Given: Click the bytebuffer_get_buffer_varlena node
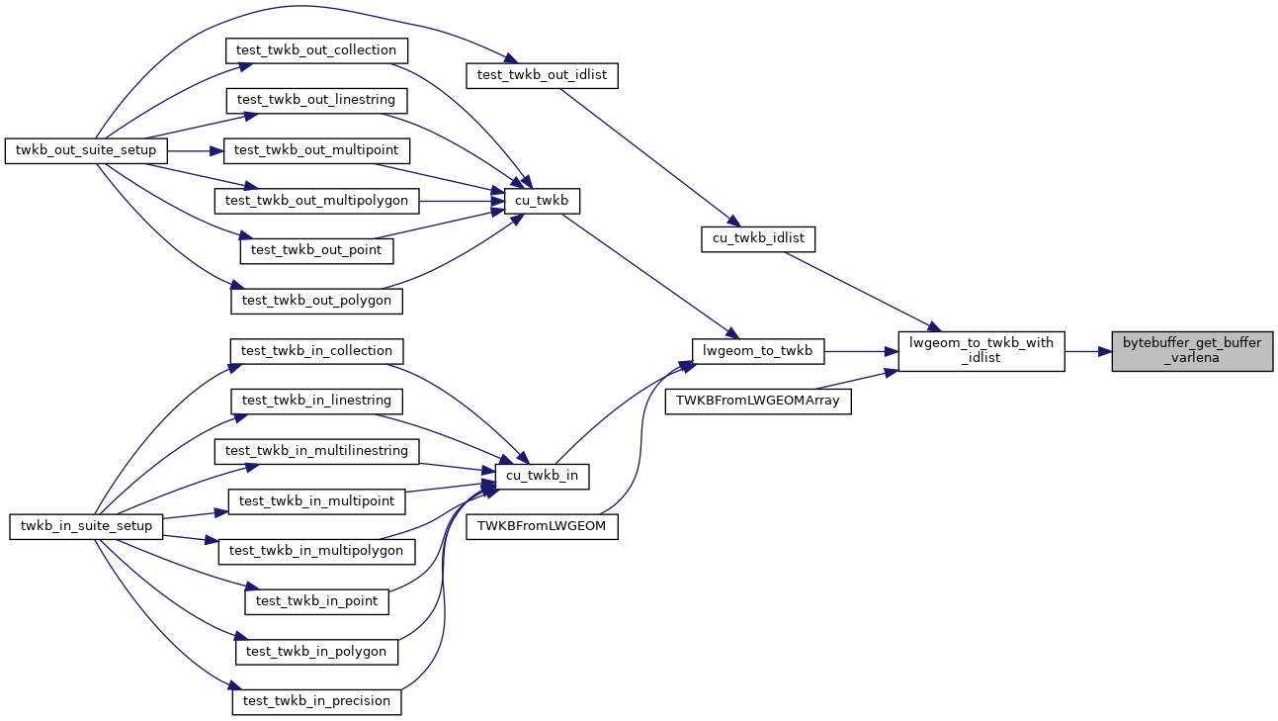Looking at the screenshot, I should point(1192,351).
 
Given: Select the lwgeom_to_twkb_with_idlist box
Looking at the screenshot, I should point(980,351).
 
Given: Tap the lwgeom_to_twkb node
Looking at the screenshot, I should point(757,350).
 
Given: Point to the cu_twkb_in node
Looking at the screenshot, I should point(542,477).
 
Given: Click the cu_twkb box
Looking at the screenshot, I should point(542,201).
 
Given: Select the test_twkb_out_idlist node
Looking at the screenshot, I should point(542,75).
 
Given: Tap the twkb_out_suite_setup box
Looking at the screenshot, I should point(87,150).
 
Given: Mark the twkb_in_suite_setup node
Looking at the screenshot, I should point(86,526).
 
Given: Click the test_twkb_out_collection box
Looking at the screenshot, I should point(316,49).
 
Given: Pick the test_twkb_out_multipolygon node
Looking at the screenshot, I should point(317,201).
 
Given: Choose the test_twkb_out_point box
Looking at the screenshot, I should point(316,250).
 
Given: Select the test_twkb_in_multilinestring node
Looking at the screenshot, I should point(316,451).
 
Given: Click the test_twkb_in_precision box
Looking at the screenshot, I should point(316,701).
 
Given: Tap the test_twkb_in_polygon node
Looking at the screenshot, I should point(316,652).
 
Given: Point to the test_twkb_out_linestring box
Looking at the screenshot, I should point(316,100).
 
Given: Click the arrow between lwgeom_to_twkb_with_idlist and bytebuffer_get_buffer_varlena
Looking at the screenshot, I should point(1088,351).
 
